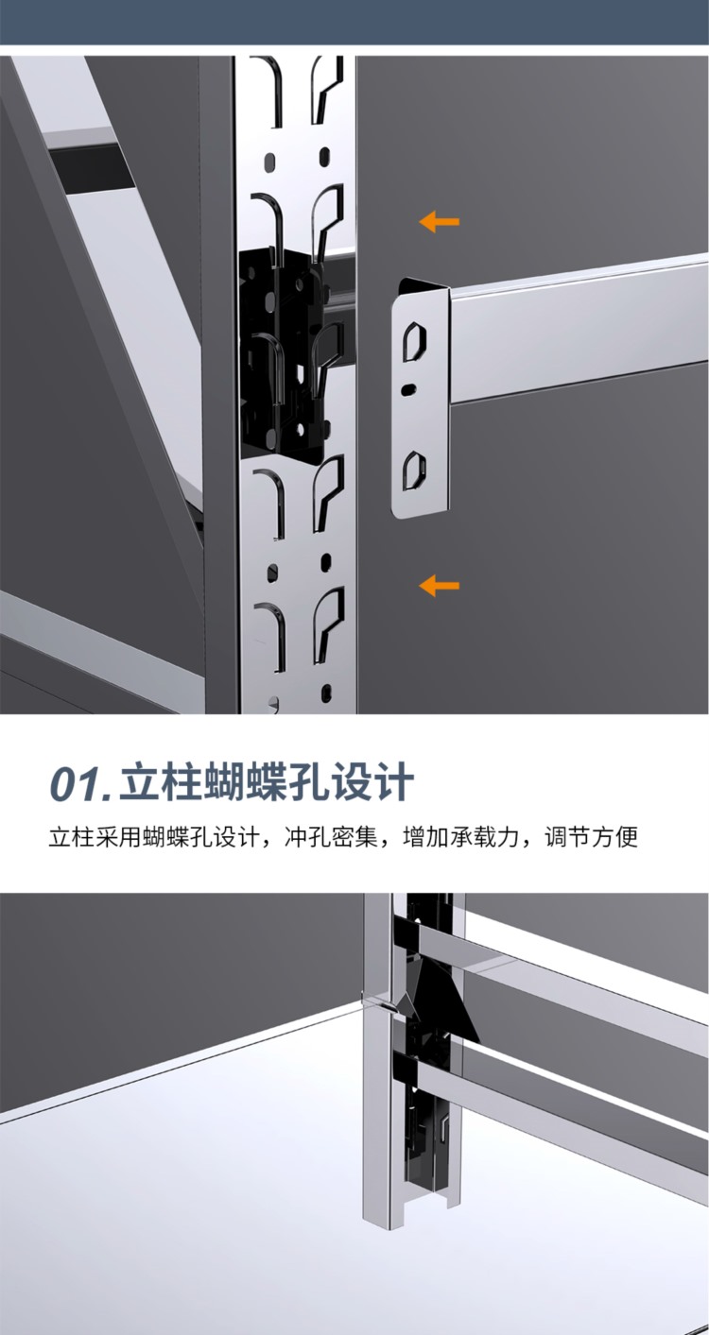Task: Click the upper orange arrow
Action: [439, 222]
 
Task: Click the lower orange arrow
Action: [439, 585]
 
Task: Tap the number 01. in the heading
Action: [80, 783]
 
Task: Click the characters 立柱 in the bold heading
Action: [159, 781]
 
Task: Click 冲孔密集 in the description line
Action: [331, 837]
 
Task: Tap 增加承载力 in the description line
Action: [461, 837]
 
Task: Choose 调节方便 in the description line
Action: [591, 837]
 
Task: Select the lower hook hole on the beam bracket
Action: [414, 471]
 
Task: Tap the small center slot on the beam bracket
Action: [408, 388]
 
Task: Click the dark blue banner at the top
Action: [354, 22]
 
